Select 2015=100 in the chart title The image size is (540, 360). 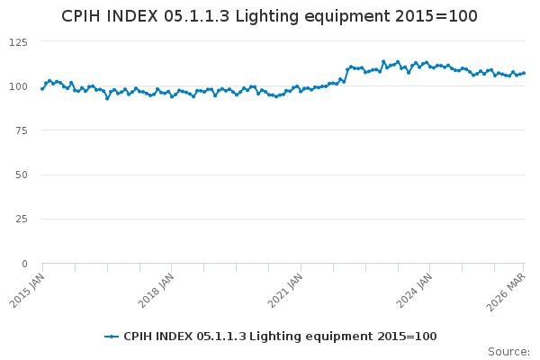point(435,17)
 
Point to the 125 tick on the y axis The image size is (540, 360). point(18,42)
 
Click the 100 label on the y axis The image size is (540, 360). point(18,86)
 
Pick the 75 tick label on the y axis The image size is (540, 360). point(21,130)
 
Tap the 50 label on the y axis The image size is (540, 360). point(21,175)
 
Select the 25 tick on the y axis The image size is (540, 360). point(21,219)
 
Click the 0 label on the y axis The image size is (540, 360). point(24,264)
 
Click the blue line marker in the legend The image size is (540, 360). point(112,337)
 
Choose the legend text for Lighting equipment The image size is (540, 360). point(280,337)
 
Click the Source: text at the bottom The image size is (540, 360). point(508,352)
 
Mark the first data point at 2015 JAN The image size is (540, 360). point(42,88)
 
